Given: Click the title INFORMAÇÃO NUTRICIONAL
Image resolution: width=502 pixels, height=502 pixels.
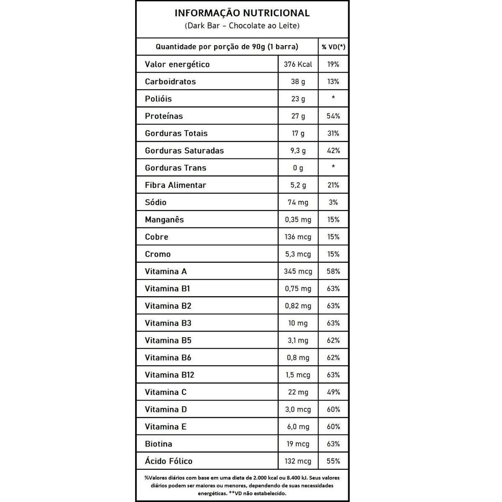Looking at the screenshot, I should pyautogui.click(x=242, y=13).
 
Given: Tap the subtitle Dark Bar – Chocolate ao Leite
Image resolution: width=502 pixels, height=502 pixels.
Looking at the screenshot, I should pyautogui.click(x=242, y=26).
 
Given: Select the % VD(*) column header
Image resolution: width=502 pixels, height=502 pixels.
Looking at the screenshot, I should pyautogui.click(x=333, y=47).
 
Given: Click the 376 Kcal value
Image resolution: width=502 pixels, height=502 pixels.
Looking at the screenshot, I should pyautogui.click(x=298, y=64).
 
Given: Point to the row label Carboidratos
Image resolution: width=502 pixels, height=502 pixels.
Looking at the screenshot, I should pyautogui.click(x=170, y=82).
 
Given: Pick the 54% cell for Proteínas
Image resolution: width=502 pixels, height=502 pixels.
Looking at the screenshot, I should pyautogui.click(x=333, y=116).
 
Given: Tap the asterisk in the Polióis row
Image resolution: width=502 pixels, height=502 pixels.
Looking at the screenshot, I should pyautogui.click(x=333, y=98).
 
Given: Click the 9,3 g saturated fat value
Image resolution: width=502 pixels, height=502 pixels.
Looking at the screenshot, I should pyautogui.click(x=298, y=151).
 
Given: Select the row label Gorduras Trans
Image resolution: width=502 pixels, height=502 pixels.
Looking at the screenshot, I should pyautogui.click(x=175, y=168).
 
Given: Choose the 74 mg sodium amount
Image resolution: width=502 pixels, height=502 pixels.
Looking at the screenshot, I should pyautogui.click(x=298, y=202).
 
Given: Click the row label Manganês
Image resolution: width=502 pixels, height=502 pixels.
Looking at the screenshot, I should pyautogui.click(x=164, y=220).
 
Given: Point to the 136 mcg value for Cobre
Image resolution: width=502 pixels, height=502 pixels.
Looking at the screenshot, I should pyautogui.click(x=298, y=237).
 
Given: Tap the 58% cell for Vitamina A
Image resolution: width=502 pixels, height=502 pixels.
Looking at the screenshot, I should pyautogui.click(x=333, y=271).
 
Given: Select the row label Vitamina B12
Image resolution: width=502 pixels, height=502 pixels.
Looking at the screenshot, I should pyautogui.click(x=169, y=375).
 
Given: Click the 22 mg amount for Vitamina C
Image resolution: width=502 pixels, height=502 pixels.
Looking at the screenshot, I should pyautogui.click(x=298, y=392).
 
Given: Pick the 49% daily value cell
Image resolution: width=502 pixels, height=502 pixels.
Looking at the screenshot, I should pyautogui.click(x=333, y=392).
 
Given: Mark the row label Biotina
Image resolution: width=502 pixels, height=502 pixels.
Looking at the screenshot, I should pyautogui.click(x=158, y=444).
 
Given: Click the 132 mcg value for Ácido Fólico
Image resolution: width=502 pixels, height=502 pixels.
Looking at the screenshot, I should pyautogui.click(x=298, y=461).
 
